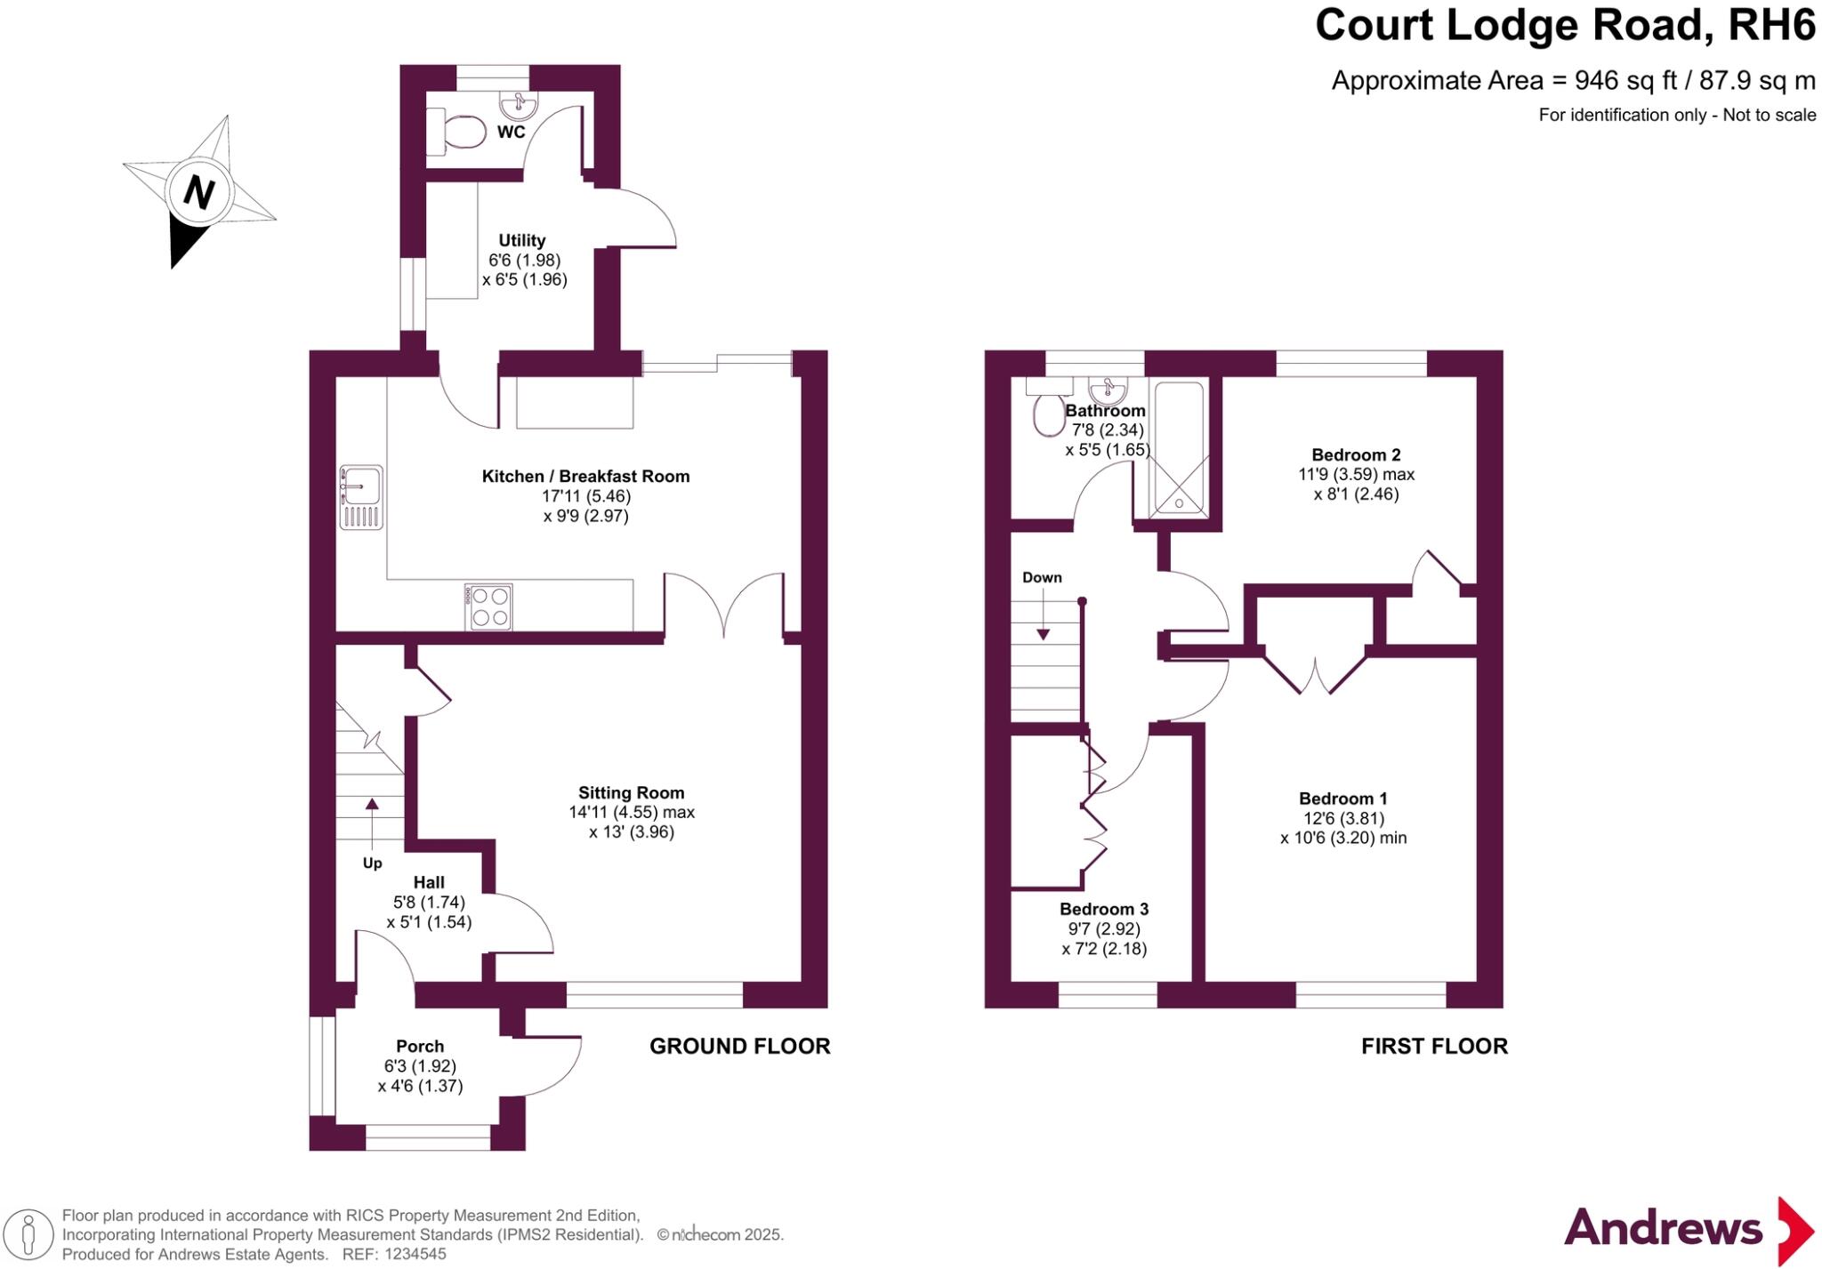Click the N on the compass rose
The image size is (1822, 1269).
coord(198,191)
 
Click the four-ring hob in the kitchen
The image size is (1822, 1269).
coord(488,606)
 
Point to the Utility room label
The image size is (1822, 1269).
coord(521,240)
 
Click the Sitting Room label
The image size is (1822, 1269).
coord(631,792)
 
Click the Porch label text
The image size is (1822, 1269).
coord(420,1046)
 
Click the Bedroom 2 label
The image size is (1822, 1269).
coord(1356,455)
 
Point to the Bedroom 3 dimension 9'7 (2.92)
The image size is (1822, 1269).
coord(1103,928)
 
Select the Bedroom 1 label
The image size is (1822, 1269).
coord(1342,799)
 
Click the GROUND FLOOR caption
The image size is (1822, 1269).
coord(739,1046)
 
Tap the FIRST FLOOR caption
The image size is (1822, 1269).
coord(1434,1046)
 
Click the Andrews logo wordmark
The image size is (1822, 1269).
coord(1663,1228)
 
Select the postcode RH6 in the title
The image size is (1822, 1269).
coord(1770,25)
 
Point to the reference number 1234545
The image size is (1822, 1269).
coord(415,1254)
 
